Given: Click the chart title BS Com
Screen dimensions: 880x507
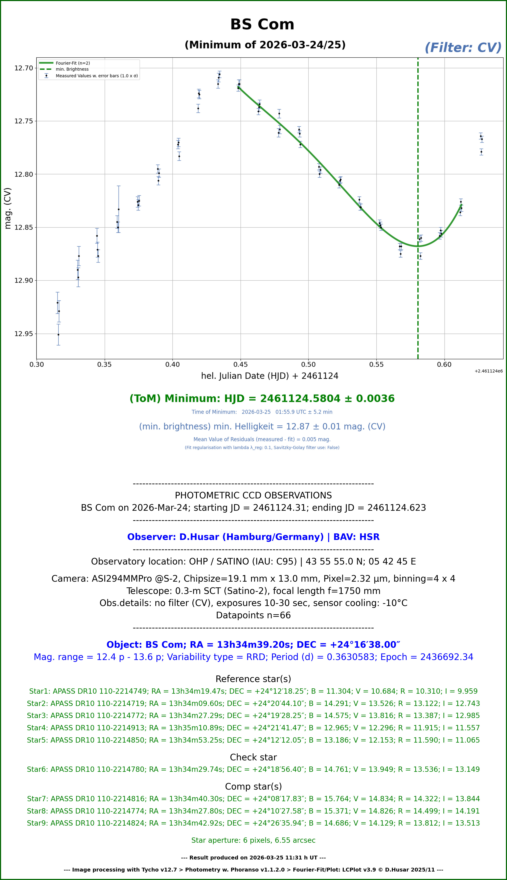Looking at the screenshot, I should point(262,24).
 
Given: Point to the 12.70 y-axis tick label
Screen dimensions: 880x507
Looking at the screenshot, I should point(24,68).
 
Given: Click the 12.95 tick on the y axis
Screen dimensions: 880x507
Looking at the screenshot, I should point(24,334).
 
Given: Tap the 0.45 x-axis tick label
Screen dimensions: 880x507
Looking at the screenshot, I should point(240,365).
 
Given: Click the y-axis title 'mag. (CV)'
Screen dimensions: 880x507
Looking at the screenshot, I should point(8,208).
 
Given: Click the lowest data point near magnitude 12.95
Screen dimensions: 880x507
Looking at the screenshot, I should point(58,335).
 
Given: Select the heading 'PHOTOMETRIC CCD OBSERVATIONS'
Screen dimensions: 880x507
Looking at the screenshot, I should point(253,495).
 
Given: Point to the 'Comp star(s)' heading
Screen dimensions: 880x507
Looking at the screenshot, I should point(253,786).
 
